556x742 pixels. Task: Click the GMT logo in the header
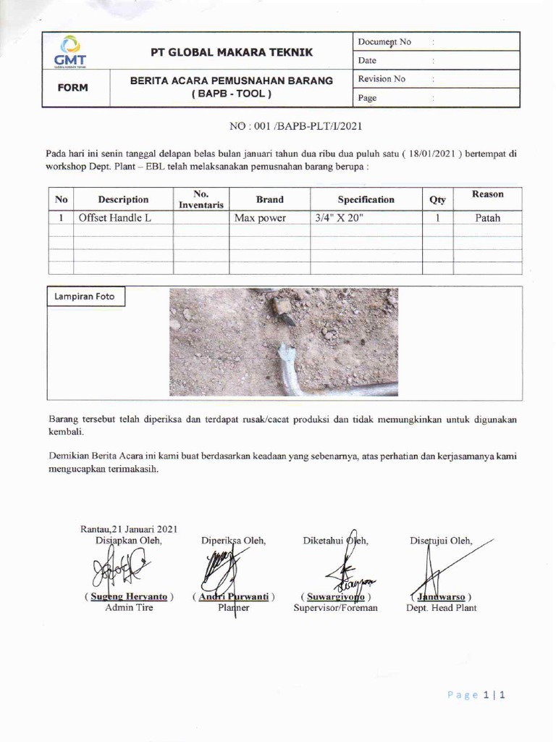(70, 51)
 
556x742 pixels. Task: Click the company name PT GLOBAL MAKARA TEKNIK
(232, 52)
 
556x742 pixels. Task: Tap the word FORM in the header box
(73, 88)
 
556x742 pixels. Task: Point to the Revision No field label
(382, 79)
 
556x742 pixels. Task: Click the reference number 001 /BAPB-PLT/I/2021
(295, 126)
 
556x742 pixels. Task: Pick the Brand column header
(269, 199)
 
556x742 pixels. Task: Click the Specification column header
(366, 199)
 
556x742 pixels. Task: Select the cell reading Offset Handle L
(114, 217)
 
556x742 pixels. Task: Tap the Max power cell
(260, 217)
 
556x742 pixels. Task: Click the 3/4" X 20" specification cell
(340, 217)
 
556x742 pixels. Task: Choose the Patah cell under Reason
(487, 217)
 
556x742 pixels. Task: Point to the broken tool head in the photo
(282, 310)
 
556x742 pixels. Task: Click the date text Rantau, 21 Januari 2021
(128, 530)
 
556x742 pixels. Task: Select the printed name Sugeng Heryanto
(130, 596)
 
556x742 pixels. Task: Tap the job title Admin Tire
(129, 608)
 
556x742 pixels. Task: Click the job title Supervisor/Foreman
(335, 608)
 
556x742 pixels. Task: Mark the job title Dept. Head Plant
(442, 608)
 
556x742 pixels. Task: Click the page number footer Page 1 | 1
(476, 695)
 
